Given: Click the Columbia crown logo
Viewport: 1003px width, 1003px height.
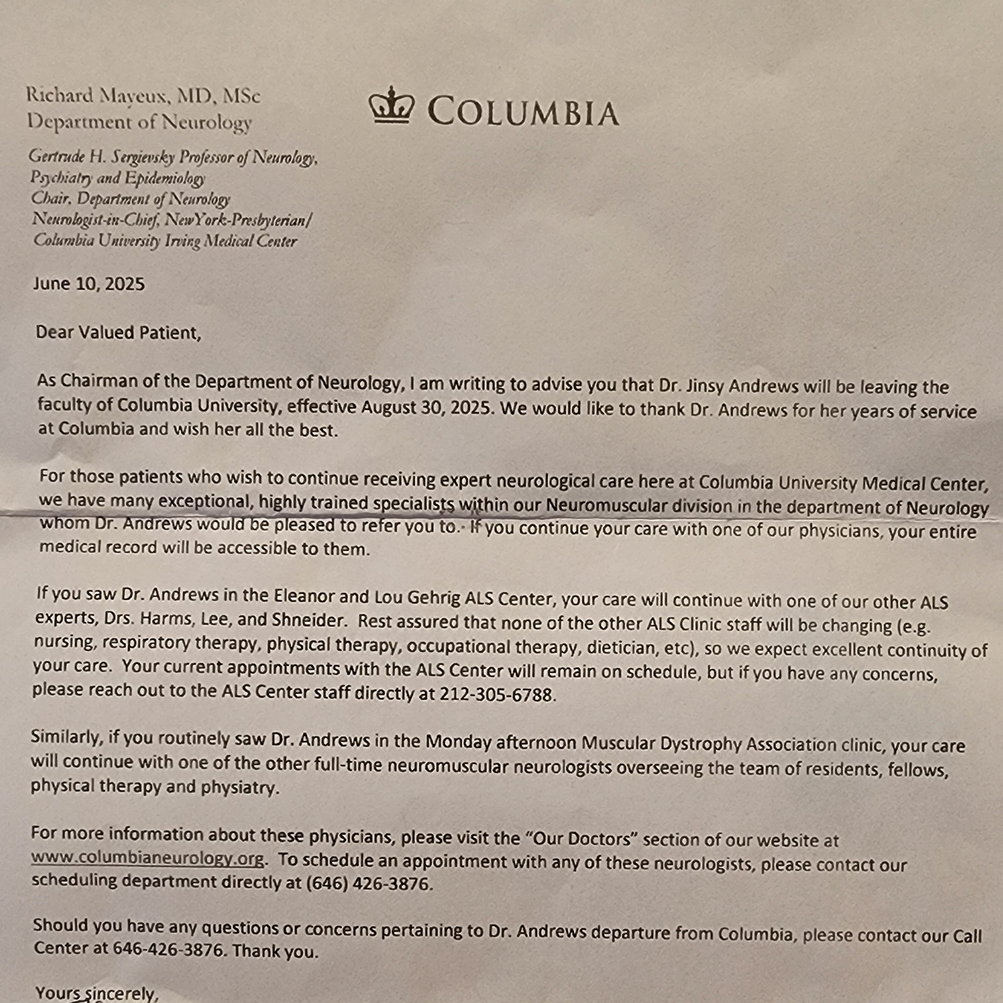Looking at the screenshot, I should tap(391, 105).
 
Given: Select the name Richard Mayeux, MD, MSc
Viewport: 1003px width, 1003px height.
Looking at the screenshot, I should tap(143, 96).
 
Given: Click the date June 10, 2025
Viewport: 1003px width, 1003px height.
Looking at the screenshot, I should tap(89, 284).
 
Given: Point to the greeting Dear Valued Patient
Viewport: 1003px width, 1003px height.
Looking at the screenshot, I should tap(118, 332).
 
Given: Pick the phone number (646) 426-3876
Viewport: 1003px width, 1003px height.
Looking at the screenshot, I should tap(368, 883).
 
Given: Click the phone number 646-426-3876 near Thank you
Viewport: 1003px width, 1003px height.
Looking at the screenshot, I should tap(168, 950).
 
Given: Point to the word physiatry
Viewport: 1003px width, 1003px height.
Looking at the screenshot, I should tap(239, 787).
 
